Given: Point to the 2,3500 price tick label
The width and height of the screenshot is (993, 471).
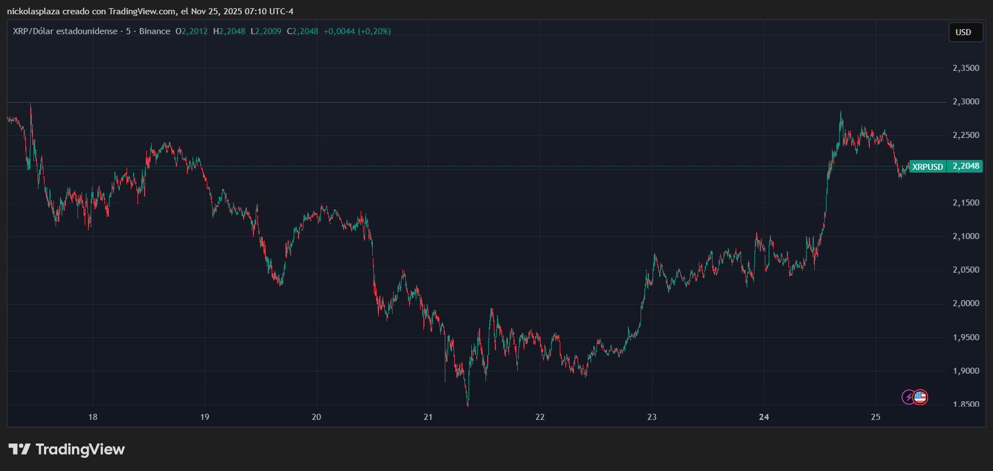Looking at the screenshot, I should (x=966, y=68).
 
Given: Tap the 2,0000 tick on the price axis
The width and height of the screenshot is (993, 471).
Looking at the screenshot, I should (x=966, y=303).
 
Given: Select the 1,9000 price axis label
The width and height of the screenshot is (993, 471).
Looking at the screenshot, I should (x=966, y=371).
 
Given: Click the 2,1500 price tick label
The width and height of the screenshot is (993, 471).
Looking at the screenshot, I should (x=966, y=203).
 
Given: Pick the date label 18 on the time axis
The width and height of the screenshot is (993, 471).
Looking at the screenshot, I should (x=93, y=417).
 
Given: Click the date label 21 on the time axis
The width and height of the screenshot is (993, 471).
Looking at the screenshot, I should (x=428, y=417).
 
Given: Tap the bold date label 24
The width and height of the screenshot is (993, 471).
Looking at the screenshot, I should (x=764, y=417).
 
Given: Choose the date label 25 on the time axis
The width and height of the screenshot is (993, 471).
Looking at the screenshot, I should (x=875, y=417).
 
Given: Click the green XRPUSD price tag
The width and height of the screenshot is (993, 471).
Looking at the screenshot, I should (x=928, y=167).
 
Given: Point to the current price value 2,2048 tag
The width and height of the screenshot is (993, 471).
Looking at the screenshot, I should (x=966, y=166).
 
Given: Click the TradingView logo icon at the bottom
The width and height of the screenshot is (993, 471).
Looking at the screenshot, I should (x=19, y=450).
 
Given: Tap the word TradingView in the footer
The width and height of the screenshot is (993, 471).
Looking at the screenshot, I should (x=80, y=450).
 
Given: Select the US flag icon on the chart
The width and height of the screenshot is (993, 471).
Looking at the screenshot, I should (x=920, y=397).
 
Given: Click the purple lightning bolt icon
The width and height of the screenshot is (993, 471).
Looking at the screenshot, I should (x=908, y=397).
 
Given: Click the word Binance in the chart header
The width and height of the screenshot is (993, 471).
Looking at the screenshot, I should (x=155, y=31).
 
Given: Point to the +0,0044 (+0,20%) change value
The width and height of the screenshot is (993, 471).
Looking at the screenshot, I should (x=357, y=31).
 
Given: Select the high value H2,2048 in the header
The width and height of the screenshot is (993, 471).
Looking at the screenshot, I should (x=229, y=31).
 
